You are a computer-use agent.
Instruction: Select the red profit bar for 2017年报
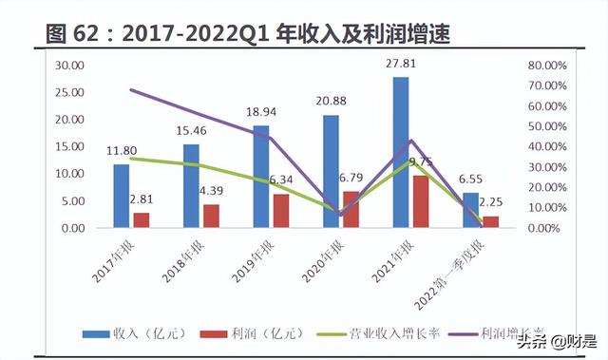pos(141,220)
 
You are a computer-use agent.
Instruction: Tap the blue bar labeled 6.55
pos(470,210)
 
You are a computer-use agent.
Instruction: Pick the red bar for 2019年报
pos(281,211)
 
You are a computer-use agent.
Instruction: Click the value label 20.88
pos(331,102)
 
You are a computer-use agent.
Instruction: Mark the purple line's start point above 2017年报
pos(130,90)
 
